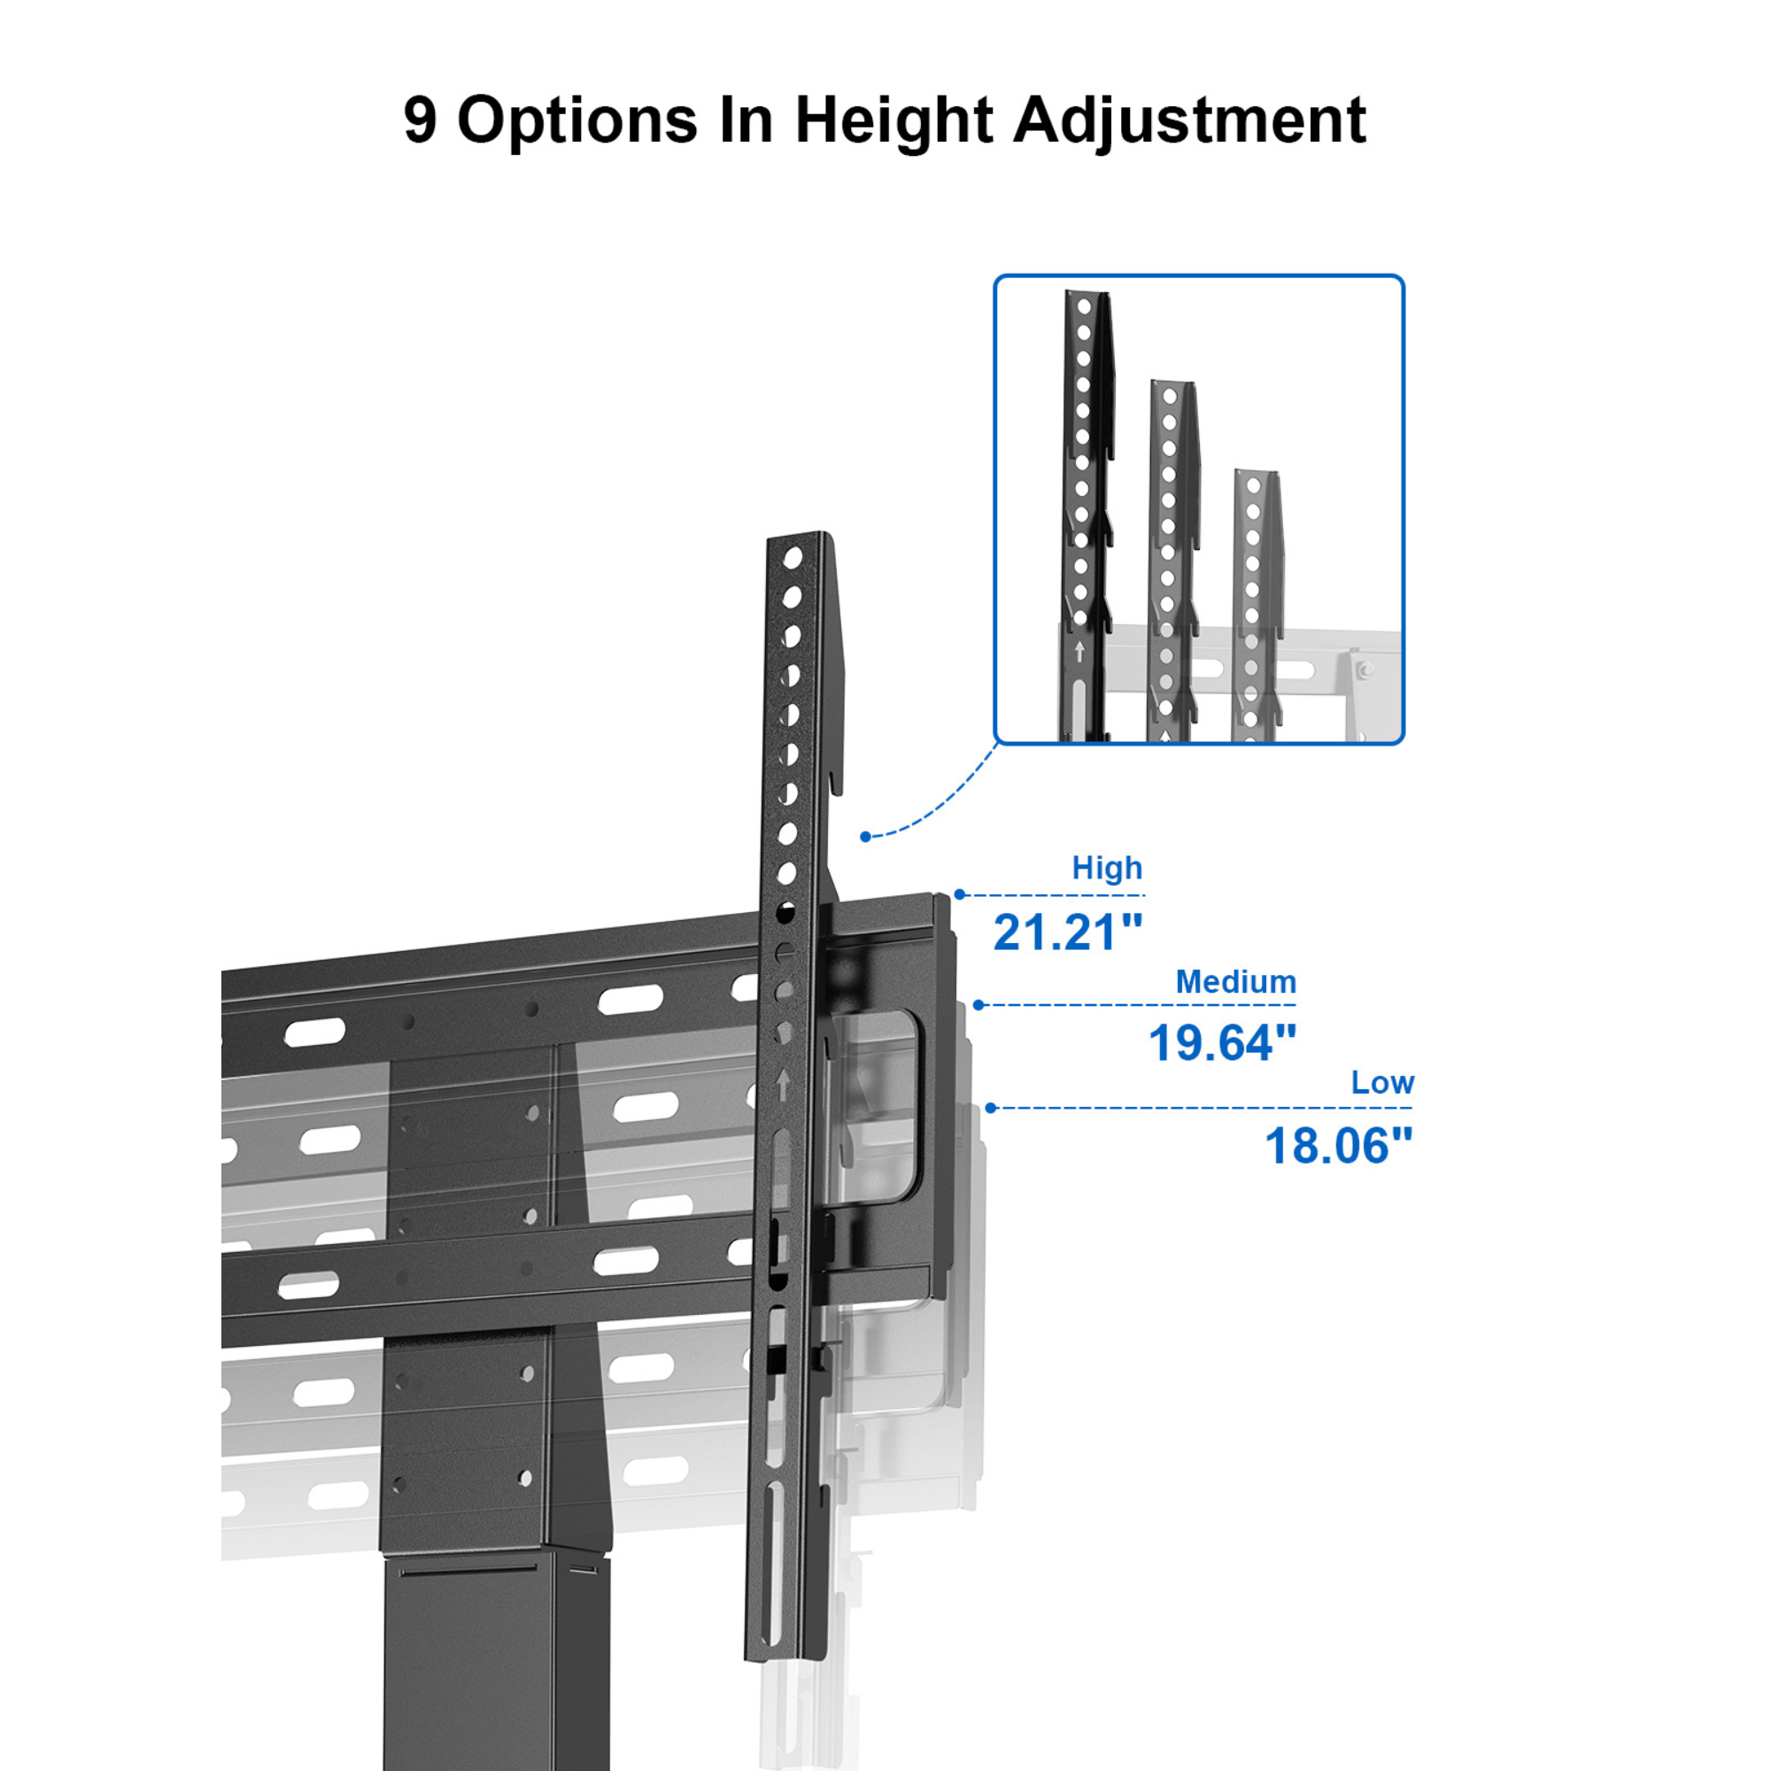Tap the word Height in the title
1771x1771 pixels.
pyautogui.click(x=893, y=121)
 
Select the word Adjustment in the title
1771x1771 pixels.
pyautogui.click(x=1189, y=121)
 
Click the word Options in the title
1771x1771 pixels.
pyautogui.click(x=576, y=121)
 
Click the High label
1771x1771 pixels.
pyautogui.click(x=1106, y=867)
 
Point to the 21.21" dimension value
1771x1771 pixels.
pyautogui.click(x=1068, y=932)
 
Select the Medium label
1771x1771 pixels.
pyautogui.click(x=1235, y=982)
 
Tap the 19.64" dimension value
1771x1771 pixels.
pyautogui.click(x=1222, y=1043)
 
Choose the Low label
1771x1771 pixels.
pyautogui.click(x=1382, y=1083)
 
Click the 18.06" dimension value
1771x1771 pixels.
pyautogui.click(x=1338, y=1146)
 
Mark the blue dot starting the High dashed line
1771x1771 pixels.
pyautogui.click(x=960, y=894)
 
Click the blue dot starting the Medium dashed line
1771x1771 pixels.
pyautogui.click(x=978, y=1005)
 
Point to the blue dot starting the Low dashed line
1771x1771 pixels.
pyautogui.click(x=990, y=1108)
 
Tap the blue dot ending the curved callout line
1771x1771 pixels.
pyautogui.click(x=864, y=836)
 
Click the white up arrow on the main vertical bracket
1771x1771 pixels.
pyautogui.click(x=782, y=1085)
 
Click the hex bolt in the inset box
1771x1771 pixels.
pyautogui.click(x=1363, y=671)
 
